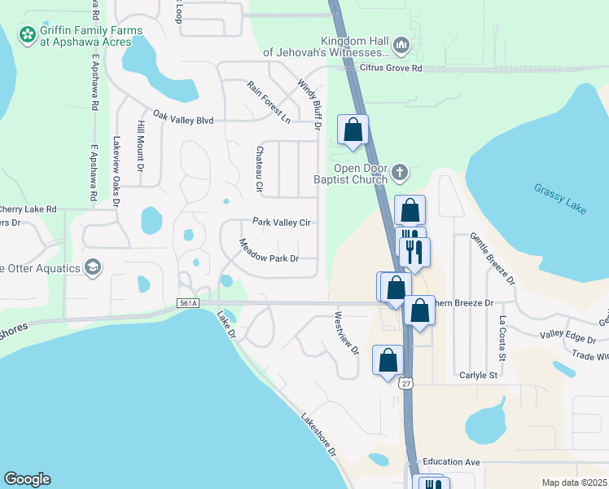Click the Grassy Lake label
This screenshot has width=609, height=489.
pyautogui.click(x=560, y=198)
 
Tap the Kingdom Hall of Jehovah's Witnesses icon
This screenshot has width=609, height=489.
pyautogui.click(x=401, y=44)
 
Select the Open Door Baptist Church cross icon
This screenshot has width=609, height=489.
pyautogui.click(x=399, y=172)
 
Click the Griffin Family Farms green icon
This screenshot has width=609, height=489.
pyautogui.click(x=28, y=35)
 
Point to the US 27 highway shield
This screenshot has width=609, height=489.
pyautogui.click(x=405, y=382)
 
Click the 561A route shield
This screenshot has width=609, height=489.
pyautogui.click(x=187, y=303)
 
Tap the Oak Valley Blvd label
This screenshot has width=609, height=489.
pyautogui.click(x=183, y=121)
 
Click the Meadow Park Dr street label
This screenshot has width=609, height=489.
pyautogui.click(x=269, y=251)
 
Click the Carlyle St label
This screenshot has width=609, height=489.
pyautogui.click(x=477, y=375)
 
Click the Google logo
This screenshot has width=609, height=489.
pyautogui.click(x=27, y=479)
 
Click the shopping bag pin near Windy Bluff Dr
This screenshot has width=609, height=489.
pyautogui.click(x=353, y=130)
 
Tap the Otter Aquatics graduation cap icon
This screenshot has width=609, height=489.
pyautogui.click(x=94, y=267)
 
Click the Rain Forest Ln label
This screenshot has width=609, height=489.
pyautogui.click(x=269, y=102)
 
